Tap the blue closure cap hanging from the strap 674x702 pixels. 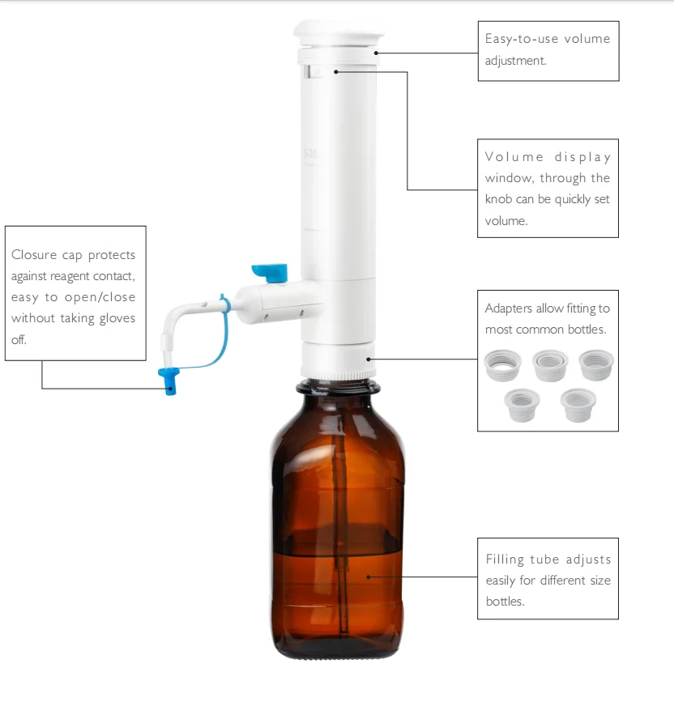(x=169, y=379)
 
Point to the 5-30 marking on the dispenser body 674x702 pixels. (x=309, y=152)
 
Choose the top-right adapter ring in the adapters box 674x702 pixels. (x=596, y=364)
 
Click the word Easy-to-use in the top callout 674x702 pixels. (x=510, y=39)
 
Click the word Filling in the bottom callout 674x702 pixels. (x=505, y=559)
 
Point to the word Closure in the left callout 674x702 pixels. (x=34, y=255)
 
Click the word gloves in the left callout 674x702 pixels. (x=114, y=318)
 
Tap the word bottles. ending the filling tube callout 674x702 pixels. (x=505, y=602)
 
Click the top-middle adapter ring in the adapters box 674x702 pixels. (x=549, y=364)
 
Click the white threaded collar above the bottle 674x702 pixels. (x=338, y=360)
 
